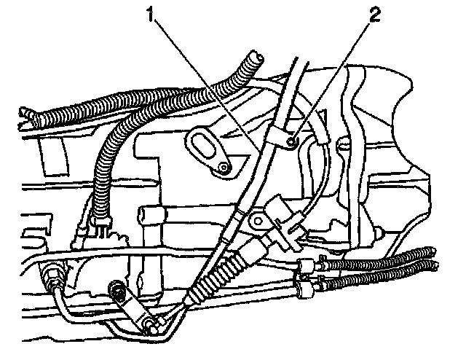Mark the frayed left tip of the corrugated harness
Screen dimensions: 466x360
pos(26,113)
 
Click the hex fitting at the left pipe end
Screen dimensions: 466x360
pos(53,277)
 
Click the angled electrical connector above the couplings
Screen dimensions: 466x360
pos(280,219)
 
